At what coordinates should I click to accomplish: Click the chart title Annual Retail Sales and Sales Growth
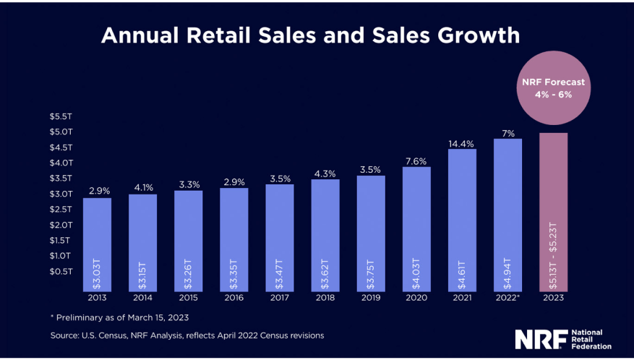click(310, 35)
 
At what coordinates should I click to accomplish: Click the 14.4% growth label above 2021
click(462, 143)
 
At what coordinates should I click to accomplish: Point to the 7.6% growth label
click(416, 161)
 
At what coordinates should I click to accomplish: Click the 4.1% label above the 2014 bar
click(142, 188)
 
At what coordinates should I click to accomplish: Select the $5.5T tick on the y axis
click(61, 116)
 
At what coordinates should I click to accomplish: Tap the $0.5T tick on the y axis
click(61, 271)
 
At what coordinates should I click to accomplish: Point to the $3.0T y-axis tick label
click(61, 194)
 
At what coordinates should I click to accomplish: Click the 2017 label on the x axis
click(280, 296)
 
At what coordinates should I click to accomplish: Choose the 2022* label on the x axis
click(508, 296)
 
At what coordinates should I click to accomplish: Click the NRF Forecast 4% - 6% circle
click(554, 88)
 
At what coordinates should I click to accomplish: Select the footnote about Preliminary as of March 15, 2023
click(119, 316)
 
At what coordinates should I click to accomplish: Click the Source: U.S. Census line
click(187, 335)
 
